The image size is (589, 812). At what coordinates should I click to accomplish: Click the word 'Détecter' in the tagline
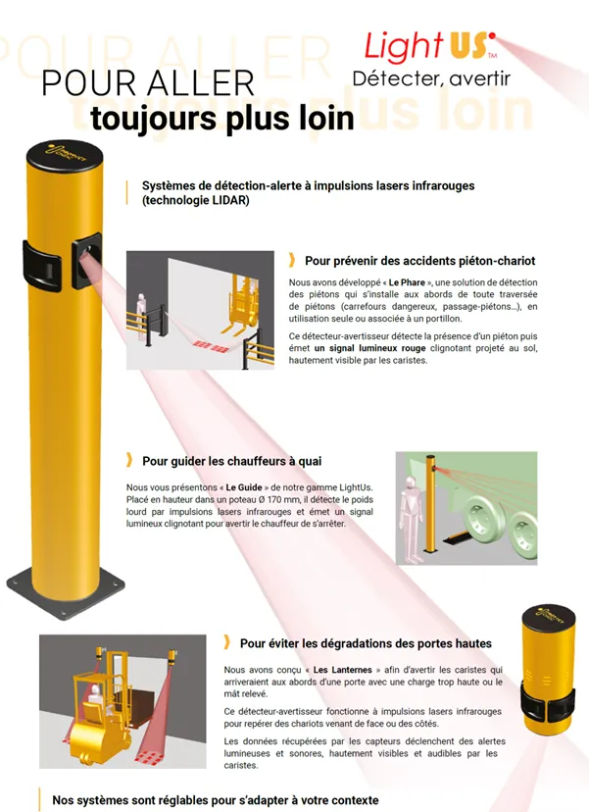393,79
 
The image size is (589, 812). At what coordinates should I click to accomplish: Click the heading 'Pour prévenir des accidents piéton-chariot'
419,261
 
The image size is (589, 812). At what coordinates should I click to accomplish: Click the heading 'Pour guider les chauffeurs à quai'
231,460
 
